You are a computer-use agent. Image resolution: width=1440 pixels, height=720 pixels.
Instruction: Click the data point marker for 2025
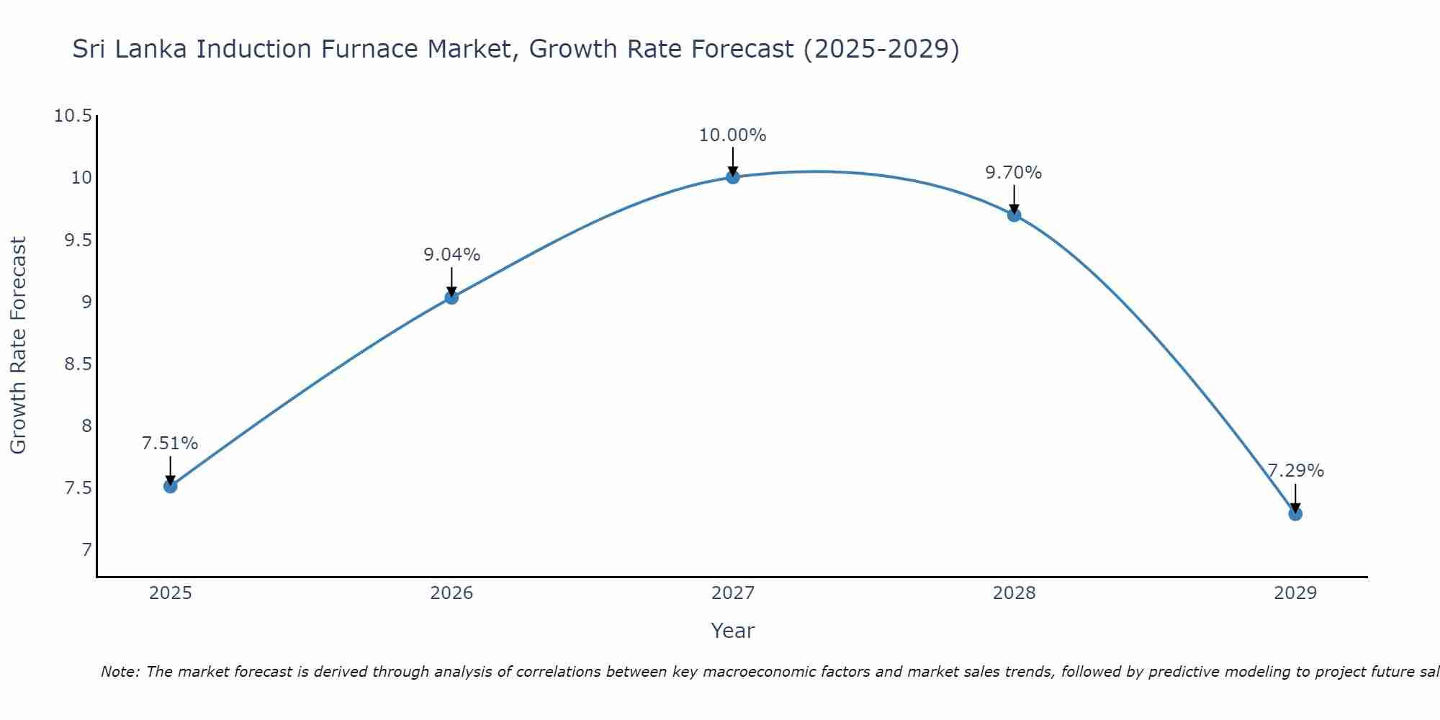point(170,486)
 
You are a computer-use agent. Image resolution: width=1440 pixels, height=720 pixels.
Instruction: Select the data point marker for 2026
point(451,297)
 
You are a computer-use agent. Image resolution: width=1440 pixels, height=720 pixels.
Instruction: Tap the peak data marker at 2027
point(733,177)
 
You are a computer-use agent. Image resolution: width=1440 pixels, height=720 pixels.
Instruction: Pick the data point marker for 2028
point(1014,215)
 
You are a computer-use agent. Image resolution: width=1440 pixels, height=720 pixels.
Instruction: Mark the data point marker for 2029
point(1295,513)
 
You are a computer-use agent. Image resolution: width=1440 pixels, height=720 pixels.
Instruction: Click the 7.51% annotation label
point(170,444)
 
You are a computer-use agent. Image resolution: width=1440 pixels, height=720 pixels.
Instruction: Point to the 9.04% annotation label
point(451,255)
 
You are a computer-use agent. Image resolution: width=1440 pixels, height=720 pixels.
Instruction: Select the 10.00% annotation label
point(733,135)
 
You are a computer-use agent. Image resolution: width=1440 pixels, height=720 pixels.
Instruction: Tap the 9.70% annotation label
point(1014,173)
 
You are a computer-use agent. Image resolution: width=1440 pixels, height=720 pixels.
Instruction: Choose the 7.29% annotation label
point(1295,471)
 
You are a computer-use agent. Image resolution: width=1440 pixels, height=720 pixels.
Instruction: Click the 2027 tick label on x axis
point(733,593)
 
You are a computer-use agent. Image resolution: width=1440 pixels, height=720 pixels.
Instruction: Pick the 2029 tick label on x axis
point(1295,593)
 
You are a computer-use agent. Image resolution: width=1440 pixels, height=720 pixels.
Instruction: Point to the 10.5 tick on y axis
point(73,116)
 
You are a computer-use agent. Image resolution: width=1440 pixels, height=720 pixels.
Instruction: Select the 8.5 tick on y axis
point(78,364)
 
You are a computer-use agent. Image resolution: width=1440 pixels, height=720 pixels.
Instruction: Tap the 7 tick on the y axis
point(87,550)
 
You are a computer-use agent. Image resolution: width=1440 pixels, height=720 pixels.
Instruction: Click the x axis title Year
point(733,631)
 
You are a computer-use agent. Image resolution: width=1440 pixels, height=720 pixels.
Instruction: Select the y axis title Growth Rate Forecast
point(19,346)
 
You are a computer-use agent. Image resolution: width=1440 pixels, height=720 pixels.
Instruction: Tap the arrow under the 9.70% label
point(1014,199)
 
